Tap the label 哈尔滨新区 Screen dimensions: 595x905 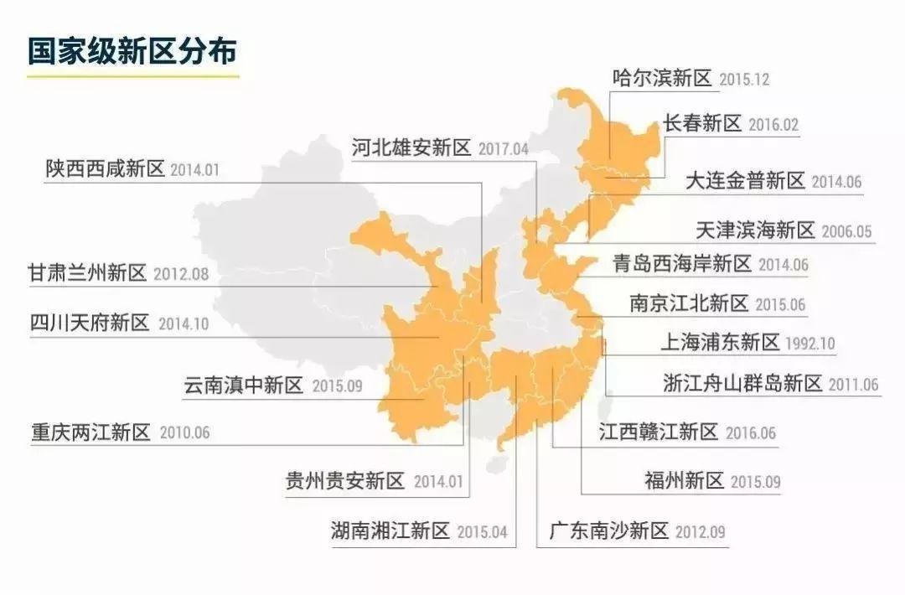662,79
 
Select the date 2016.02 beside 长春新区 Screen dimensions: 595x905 773,126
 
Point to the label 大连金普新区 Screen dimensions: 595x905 745,180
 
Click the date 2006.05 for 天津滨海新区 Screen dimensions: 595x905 846,231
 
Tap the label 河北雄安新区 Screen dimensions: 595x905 411,148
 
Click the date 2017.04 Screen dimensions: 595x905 504,150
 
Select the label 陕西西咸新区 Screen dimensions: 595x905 106,168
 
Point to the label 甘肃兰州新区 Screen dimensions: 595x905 86,273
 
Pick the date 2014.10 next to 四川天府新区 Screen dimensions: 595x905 184,324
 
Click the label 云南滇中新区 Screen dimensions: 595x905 243,386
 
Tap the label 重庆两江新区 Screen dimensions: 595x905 90,432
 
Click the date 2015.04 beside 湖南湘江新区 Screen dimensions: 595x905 483,531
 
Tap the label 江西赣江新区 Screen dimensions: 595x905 659,432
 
